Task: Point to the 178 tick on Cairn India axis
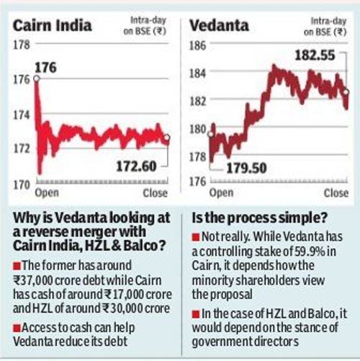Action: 21,45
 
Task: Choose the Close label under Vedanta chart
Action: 335,194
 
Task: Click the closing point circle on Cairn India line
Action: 167,138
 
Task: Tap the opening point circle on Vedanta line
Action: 211,133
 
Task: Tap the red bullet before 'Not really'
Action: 197,237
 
